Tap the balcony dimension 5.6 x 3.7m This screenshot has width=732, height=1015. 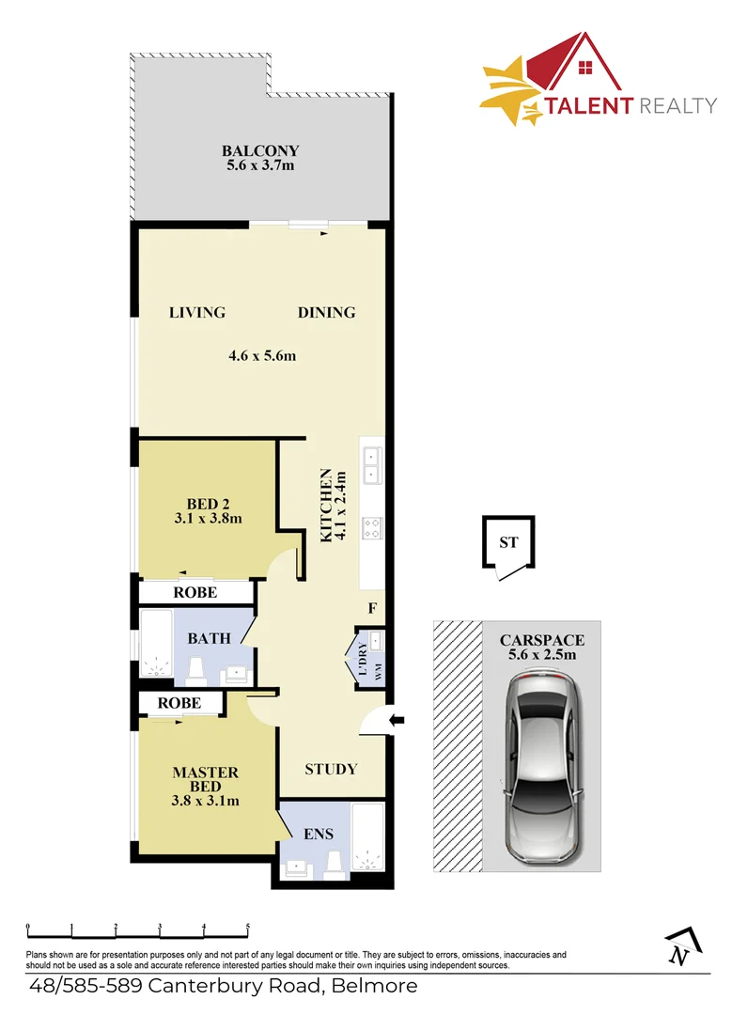[260, 167]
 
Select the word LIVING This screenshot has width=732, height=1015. [197, 313]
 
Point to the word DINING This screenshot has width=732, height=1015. [327, 313]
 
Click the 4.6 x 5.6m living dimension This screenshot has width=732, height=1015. [262, 355]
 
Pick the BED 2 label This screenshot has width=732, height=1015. [202, 503]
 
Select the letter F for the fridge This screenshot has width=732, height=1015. [372, 608]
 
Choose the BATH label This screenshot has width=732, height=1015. [209, 639]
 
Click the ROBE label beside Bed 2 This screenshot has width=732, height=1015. [195, 593]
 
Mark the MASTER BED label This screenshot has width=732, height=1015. [205, 779]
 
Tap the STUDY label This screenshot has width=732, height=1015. [331, 769]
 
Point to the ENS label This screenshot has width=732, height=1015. [319, 833]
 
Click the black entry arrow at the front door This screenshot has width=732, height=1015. [397, 721]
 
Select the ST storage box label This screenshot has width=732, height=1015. [508, 542]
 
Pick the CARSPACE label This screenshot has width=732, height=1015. [541, 640]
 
